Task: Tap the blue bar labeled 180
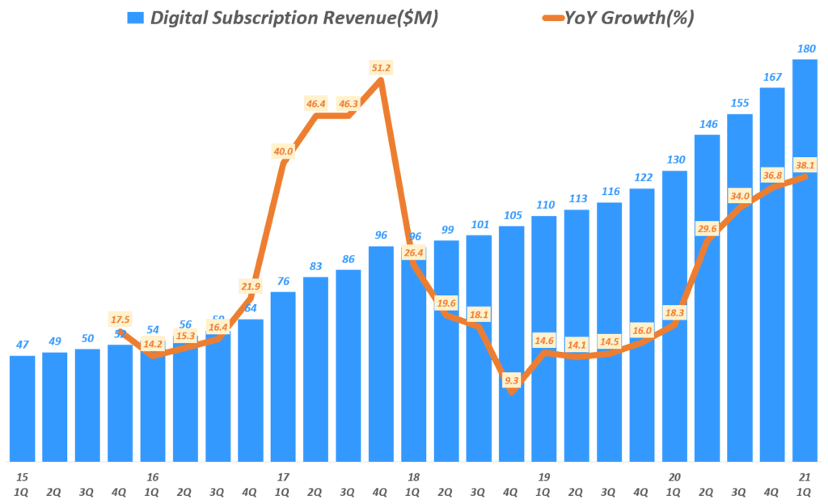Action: [x=805, y=259]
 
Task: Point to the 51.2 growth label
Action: [x=380, y=68]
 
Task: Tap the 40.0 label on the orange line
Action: [x=283, y=151]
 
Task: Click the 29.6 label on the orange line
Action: [x=707, y=229]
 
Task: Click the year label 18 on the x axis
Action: [x=413, y=477]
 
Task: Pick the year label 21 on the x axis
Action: [x=805, y=477]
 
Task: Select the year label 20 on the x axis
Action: [x=674, y=477]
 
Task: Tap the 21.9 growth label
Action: [x=251, y=286]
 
